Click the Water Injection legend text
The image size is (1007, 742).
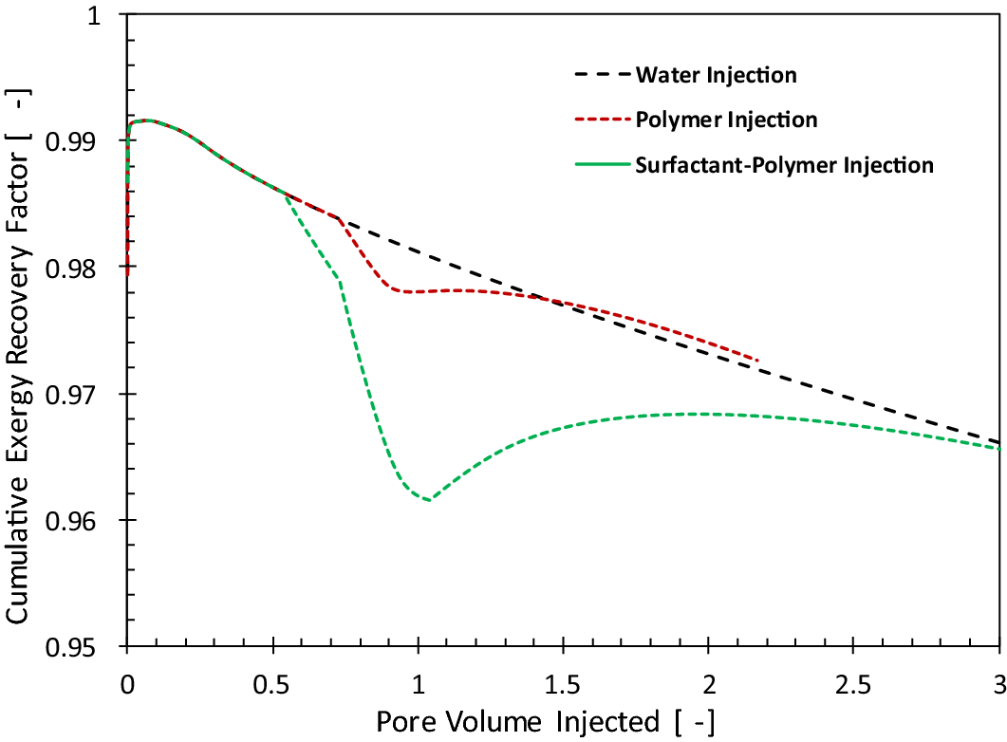[x=716, y=74]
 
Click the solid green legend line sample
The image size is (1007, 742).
[x=601, y=165]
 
